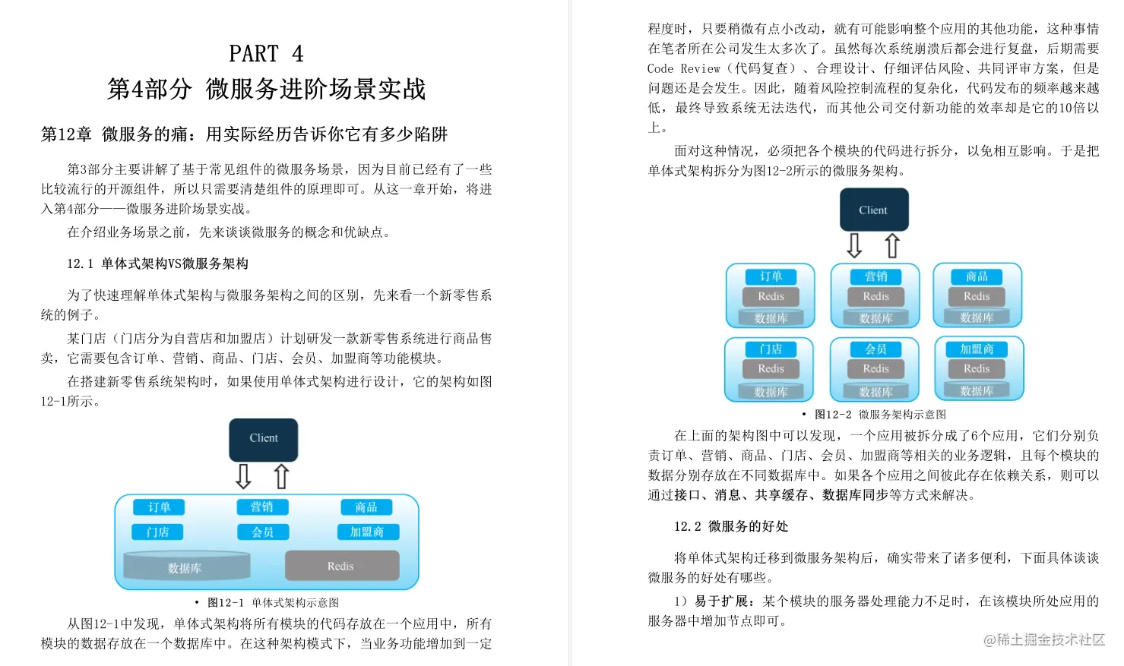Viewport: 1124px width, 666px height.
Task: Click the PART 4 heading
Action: pos(266,54)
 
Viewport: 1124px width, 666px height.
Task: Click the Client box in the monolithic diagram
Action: pos(264,439)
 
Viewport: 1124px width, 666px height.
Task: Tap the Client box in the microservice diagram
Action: pos(873,210)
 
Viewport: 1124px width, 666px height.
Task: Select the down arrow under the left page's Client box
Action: pos(243,476)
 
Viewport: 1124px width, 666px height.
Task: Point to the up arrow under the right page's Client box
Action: pos(892,245)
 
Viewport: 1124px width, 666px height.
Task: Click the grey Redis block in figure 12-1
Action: pos(341,566)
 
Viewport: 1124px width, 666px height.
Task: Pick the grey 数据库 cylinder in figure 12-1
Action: pos(185,567)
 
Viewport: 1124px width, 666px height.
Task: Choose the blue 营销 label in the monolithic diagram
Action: pos(262,507)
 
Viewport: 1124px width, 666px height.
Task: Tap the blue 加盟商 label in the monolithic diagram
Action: pos(367,532)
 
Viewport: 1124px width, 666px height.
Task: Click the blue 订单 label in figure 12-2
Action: pos(771,276)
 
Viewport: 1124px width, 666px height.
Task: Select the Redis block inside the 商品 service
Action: pos(977,296)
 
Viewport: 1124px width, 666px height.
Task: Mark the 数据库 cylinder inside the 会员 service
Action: pos(875,391)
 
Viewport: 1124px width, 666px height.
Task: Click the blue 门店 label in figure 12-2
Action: pos(771,349)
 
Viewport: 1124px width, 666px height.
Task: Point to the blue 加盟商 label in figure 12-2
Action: pos(977,349)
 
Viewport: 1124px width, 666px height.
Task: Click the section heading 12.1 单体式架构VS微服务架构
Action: pos(157,264)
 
